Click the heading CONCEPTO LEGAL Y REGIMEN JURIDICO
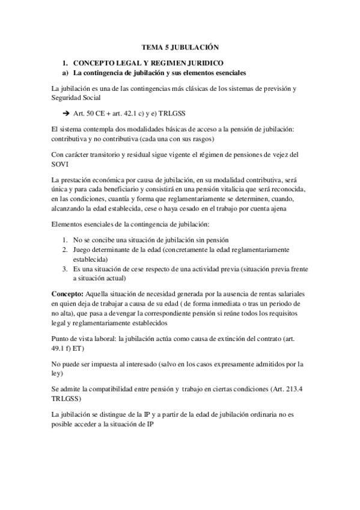pyautogui.click(x=148, y=63)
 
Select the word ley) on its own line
pyautogui.click(x=59, y=373)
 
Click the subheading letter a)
pyautogui.click(x=66, y=73)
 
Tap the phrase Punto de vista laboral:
pyautogui.click(x=84, y=339)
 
